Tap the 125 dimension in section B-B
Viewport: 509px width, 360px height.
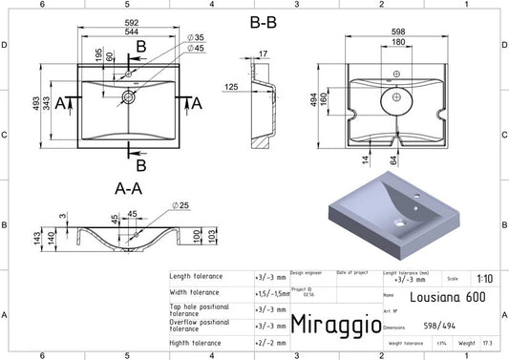pos(231,87)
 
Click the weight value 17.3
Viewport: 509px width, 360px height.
pos(489,343)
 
